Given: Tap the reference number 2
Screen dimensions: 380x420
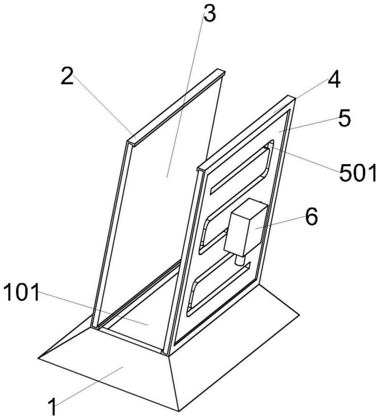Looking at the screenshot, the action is [67, 77].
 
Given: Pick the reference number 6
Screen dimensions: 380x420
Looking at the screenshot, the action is [311, 217].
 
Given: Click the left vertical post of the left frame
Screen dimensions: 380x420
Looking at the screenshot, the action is [110, 234].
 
